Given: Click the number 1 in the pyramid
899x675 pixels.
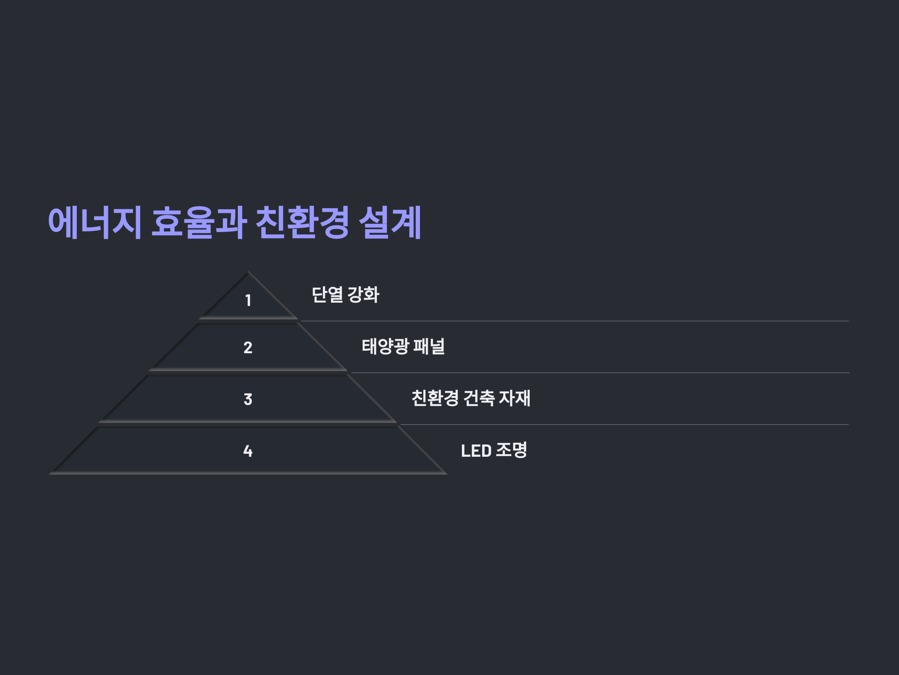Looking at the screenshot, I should pyautogui.click(x=248, y=300).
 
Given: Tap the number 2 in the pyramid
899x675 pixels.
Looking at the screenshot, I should pyautogui.click(x=248, y=348).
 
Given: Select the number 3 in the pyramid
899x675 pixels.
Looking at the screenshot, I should pyautogui.click(x=248, y=399).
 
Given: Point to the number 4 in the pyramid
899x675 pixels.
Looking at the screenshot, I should pyautogui.click(x=248, y=451).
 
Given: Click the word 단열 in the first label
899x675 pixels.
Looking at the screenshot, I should pyautogui.click(x=327, y=295).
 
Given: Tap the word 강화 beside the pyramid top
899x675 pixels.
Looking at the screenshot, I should pyautogui.click(x=363, y=295).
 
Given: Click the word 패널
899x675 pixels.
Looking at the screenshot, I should pyautogui.click(x=429, y=346).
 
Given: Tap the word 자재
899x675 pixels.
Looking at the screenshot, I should pyautogui.click(x=515, y=398).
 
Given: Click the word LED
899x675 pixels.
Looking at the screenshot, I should pyautogui.click(x=476, y=451).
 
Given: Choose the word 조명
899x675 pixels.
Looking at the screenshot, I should pyautogui.click(x=512, y=450).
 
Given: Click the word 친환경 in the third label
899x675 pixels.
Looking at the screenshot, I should pyautogui.click(x=435, y=398).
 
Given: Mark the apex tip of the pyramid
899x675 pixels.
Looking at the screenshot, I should pyautogui.click(x=248, y=272).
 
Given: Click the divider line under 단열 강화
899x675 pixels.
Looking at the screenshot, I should pyautogui.click(x=569, y=321).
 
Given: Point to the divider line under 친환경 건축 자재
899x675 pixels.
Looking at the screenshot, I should pyautogui.click(x=609, y=424).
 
